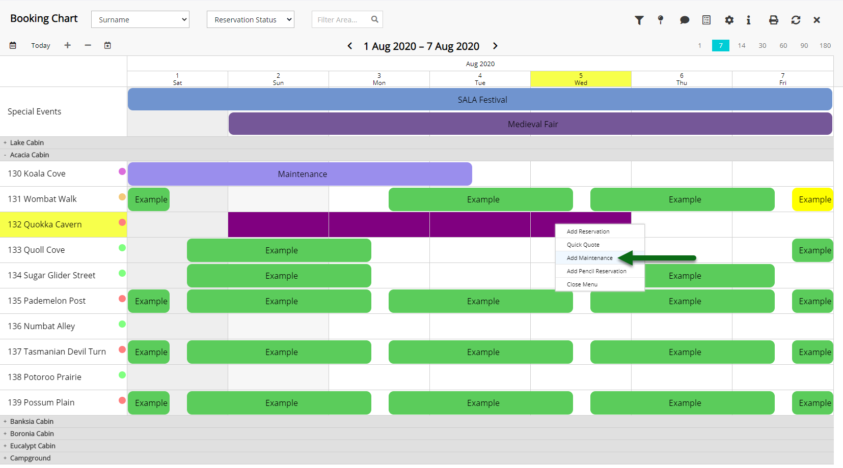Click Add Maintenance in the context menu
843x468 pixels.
[x=589, y=258]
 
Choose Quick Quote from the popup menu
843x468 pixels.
[x=583, y=245]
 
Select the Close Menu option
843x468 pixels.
[x=582, y=284]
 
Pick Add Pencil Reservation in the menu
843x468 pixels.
[x=596, y=271]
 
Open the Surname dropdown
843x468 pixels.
[x=140, y=19]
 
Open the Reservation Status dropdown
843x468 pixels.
[x=250, y=19]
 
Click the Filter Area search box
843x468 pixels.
[x=347, y=19]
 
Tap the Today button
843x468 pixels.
[x=41, y=45]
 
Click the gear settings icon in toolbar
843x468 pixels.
[x=729, y=20]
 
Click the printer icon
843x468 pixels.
[x=773, y=20]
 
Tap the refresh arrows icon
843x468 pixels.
[x=796, y=20]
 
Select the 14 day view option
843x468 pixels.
[x=742, y=45]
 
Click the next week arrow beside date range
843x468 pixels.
[x=495, y=46]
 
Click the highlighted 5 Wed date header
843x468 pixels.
[x=581, y=79]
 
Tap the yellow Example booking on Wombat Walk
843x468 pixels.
[x=812, y=199]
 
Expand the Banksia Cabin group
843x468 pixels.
[x=5, y=421]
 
